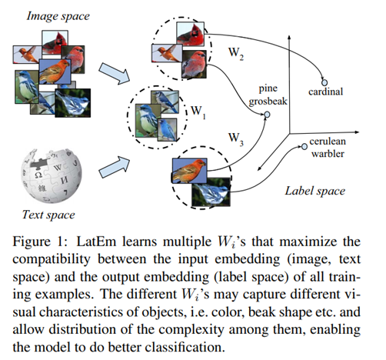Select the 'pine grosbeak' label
click(267, 94)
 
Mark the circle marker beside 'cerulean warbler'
click(303, 143)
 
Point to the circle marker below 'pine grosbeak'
click(268, 115)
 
